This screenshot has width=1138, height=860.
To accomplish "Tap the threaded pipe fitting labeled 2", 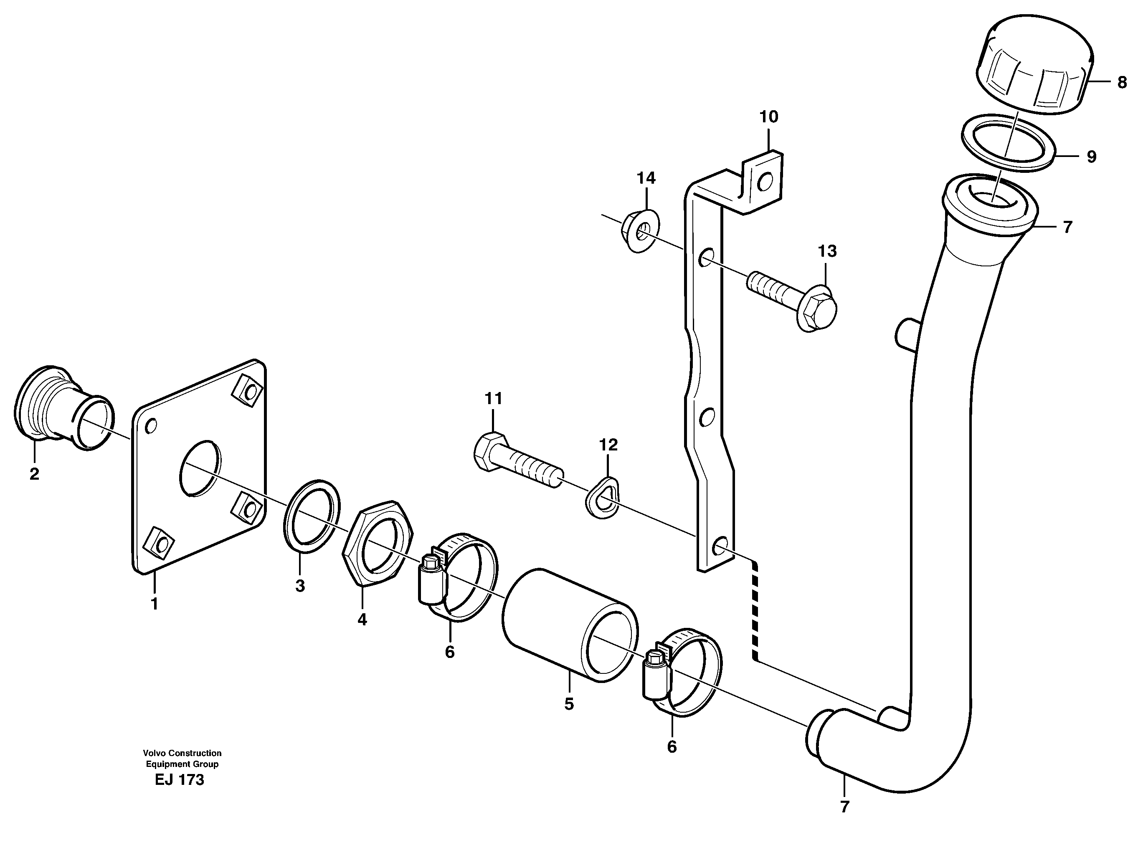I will click(62, 409).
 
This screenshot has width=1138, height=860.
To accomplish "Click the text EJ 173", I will click(179, 780).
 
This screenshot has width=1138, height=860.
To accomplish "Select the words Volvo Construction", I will click(182, 753).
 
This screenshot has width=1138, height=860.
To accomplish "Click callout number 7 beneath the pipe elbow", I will click(844, 807).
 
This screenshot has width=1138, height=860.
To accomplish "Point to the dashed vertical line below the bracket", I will click(755, 612).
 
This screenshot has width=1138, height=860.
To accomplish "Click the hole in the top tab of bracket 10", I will click(765, 181).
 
